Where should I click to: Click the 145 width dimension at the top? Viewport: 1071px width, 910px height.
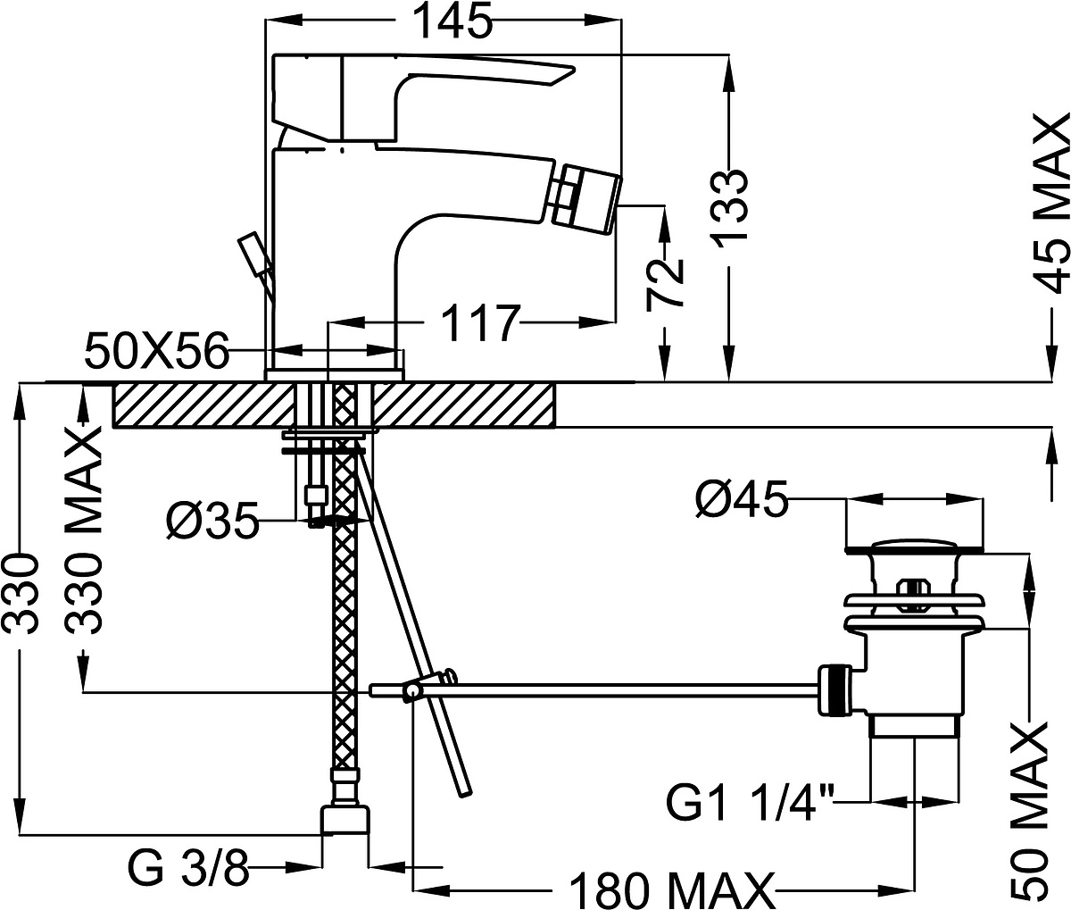tap(454, 21)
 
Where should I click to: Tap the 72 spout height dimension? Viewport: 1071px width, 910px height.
tap(665, 284)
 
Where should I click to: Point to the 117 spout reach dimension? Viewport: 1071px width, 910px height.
tap(481, 323)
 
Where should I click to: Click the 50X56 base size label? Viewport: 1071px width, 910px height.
tap(156, 351)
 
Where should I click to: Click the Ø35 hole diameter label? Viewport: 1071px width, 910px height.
tap(212, 520)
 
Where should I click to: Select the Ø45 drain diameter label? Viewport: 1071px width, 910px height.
tap(742, 498)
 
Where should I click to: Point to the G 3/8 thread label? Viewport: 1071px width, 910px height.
tap(188, 867)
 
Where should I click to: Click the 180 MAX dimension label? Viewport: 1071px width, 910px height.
tap(671, 890)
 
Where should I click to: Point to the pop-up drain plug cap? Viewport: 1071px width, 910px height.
tap(914, 545)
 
